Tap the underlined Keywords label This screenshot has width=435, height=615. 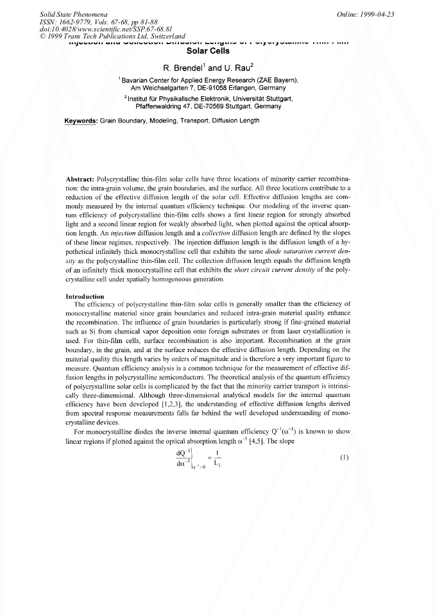coord(81,121)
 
